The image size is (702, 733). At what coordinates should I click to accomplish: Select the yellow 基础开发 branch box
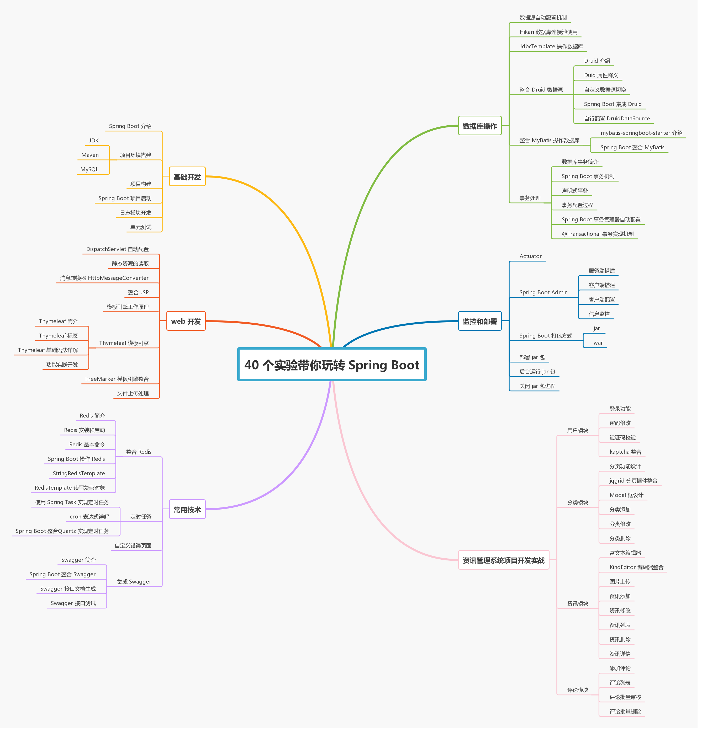pos(188,178)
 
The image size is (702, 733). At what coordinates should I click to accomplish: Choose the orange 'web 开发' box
pos(187,323)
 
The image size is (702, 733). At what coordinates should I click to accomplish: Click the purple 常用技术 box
pos(188,513)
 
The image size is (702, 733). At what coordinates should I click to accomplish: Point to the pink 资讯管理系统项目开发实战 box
pos(507,564)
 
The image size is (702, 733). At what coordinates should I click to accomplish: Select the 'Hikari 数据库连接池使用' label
pos(552,32)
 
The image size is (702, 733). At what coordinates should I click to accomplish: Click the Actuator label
pos(534,258)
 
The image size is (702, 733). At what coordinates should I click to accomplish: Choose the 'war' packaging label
pos(602,345)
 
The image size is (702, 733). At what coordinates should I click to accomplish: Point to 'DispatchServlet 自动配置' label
pos(118,250)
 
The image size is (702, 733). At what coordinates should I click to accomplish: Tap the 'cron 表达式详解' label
pos(90,520)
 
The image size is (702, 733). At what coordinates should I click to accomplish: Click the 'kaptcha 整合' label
pos(629,455)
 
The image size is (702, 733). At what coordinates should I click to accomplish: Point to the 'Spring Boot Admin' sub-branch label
pos(547,294)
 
